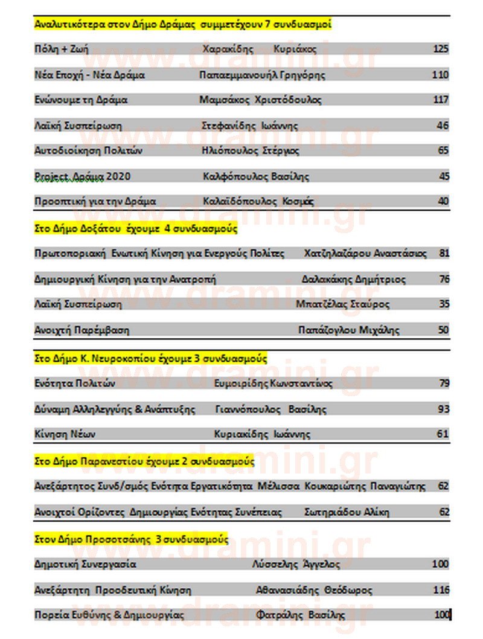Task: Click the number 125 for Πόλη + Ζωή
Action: coord(441,49)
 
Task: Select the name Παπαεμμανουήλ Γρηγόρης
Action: coord(262,75)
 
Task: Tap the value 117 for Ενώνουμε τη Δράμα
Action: coord(441,100)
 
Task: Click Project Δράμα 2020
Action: coord(82,176)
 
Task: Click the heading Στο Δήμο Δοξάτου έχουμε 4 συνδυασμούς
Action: coord(136,230)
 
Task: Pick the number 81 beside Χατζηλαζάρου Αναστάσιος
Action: coord(444,253)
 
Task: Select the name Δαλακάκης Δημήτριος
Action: coord(354,279)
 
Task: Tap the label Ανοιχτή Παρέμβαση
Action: coord(82,330)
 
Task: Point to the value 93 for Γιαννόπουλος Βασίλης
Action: coord(444,409)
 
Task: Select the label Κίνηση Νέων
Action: coord(65,434)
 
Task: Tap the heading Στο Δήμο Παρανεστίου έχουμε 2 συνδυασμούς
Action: coord(144,462)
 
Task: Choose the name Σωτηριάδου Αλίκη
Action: coord(347,512)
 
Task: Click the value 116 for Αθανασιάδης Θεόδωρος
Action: coord(441,589)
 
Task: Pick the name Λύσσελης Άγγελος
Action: coord(296,564)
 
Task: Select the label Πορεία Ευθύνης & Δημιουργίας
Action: coord(109,615)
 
